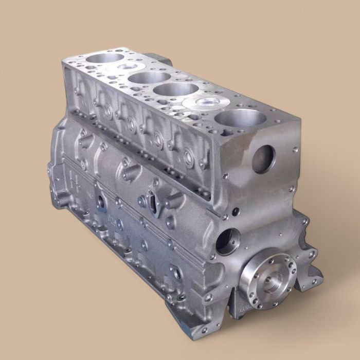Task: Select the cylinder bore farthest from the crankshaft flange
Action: [105, 58]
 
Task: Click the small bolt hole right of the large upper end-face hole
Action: [295, 150]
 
